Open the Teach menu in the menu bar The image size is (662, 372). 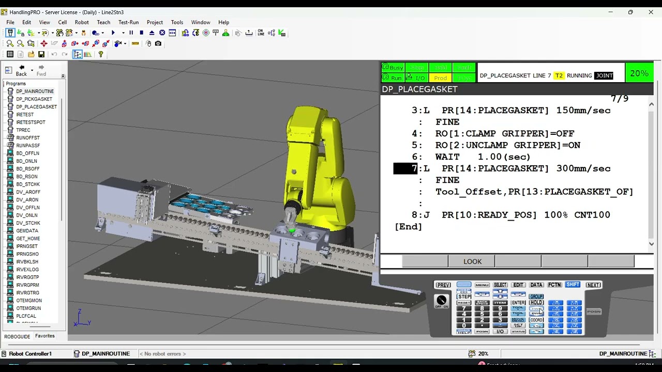[x=103, y=22]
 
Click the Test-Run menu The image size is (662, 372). [x=128, y=22]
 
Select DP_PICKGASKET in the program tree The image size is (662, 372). [x=34, y=99]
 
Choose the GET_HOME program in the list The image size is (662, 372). [x=27, y=239]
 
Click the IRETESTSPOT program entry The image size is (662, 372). [x=31, y=122]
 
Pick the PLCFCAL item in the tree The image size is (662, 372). [x=26, y=316]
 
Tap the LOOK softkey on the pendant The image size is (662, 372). [x=472, y=261]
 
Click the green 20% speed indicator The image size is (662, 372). [x=639, y=74]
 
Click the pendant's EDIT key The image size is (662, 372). [x=518, y=285]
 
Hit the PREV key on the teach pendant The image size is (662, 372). [x=443, y=285]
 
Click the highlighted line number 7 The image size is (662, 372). [x=406, y=168]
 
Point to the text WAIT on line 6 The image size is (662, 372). [x=447, y=157]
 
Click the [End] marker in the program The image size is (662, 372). [x=409, y=227]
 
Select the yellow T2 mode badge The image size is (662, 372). [x=559, y=75]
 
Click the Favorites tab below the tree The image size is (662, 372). [x=45, y=336]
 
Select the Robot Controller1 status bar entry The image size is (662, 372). [x=30, y=354]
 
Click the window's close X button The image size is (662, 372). [x=651, y=12]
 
